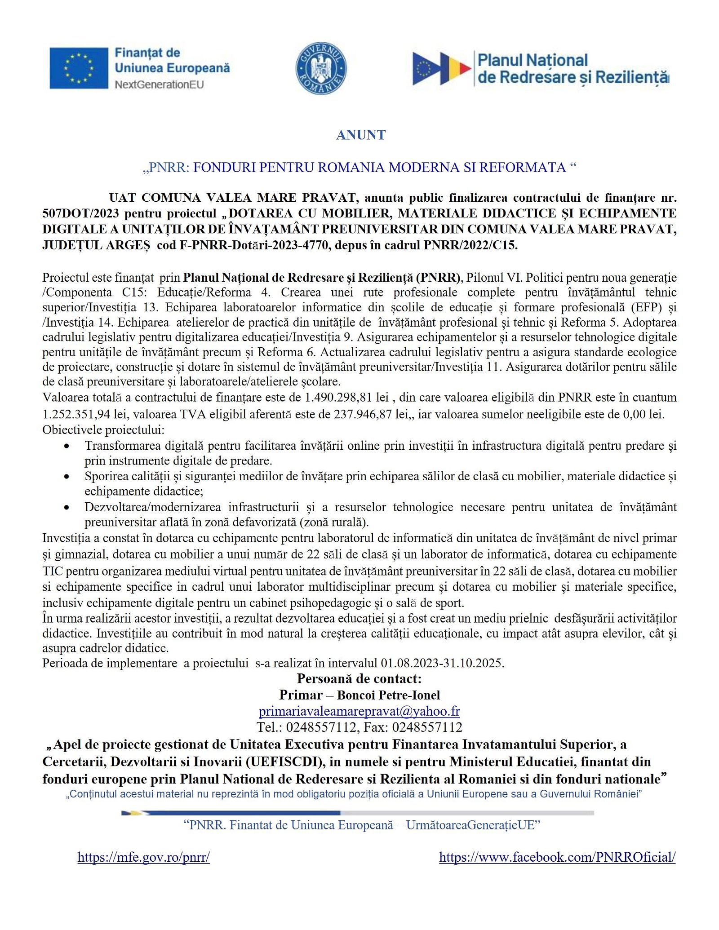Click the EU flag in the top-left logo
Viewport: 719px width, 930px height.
[x=79, y=68]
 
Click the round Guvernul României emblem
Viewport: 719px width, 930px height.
[x=321, y=68]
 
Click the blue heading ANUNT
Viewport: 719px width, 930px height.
[x=361, y=135]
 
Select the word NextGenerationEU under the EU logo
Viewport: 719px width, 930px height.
[x=159, y=84]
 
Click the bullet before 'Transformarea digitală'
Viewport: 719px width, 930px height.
[x=67, y=446]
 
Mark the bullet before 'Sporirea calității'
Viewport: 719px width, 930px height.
[x=67, y=476]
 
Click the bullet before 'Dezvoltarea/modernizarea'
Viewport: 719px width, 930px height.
[x=67, y=507]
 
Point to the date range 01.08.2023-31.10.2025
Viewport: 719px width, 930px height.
[x=442, y=663]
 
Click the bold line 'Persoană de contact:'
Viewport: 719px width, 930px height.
[x=359, y=678]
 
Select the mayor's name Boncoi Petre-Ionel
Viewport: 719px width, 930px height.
[x=388, y=695]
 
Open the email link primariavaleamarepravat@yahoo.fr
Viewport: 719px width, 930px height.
[x=359, y=711]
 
